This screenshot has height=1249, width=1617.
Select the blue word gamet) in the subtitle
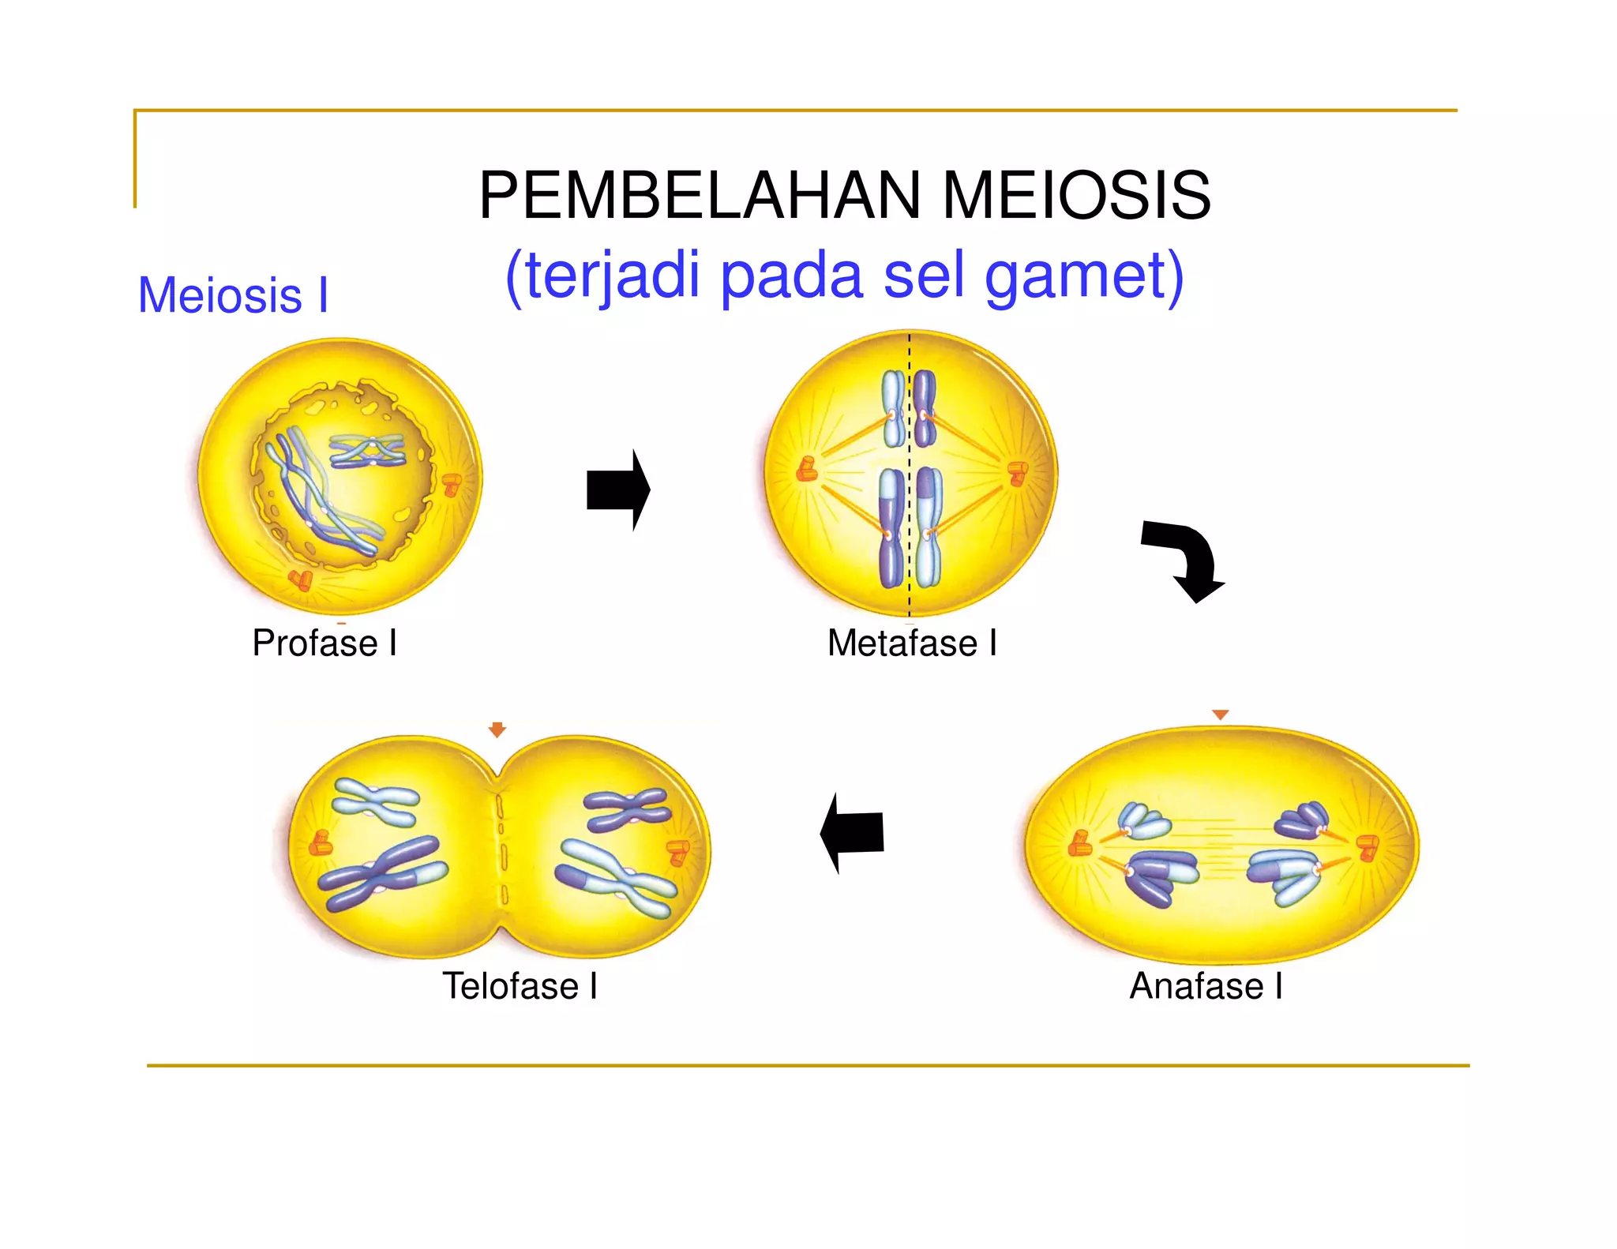[x=1085, y=276]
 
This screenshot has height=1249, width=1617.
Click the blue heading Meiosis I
[x=233, y=295]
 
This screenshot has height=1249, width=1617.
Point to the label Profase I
[x=325, y=643]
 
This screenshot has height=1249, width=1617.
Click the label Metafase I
[x=912, y=643]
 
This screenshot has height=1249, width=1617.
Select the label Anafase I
[x=1206, y=985]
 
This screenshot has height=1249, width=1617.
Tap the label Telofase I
[x=520, y=985]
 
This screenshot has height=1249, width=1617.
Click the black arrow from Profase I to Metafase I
[x=618, y=489]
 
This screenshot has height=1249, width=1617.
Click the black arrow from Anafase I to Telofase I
[x=852, y=833]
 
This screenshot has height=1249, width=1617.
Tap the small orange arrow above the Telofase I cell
[x=497, y=729]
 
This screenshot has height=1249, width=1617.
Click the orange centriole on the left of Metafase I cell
[x=806, y=470]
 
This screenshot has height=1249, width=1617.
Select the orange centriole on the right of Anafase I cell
[x=1368, y=847]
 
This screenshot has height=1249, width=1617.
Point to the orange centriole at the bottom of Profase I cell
[x=301, y=580]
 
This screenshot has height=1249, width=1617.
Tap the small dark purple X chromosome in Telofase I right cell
[x=628, y=809]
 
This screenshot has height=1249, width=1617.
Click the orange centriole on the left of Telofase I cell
[x=321, y=843]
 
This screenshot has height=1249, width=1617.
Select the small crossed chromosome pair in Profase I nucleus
[x=367, y=451]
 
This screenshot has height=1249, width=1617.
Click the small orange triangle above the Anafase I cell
[x=1221, y=715]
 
